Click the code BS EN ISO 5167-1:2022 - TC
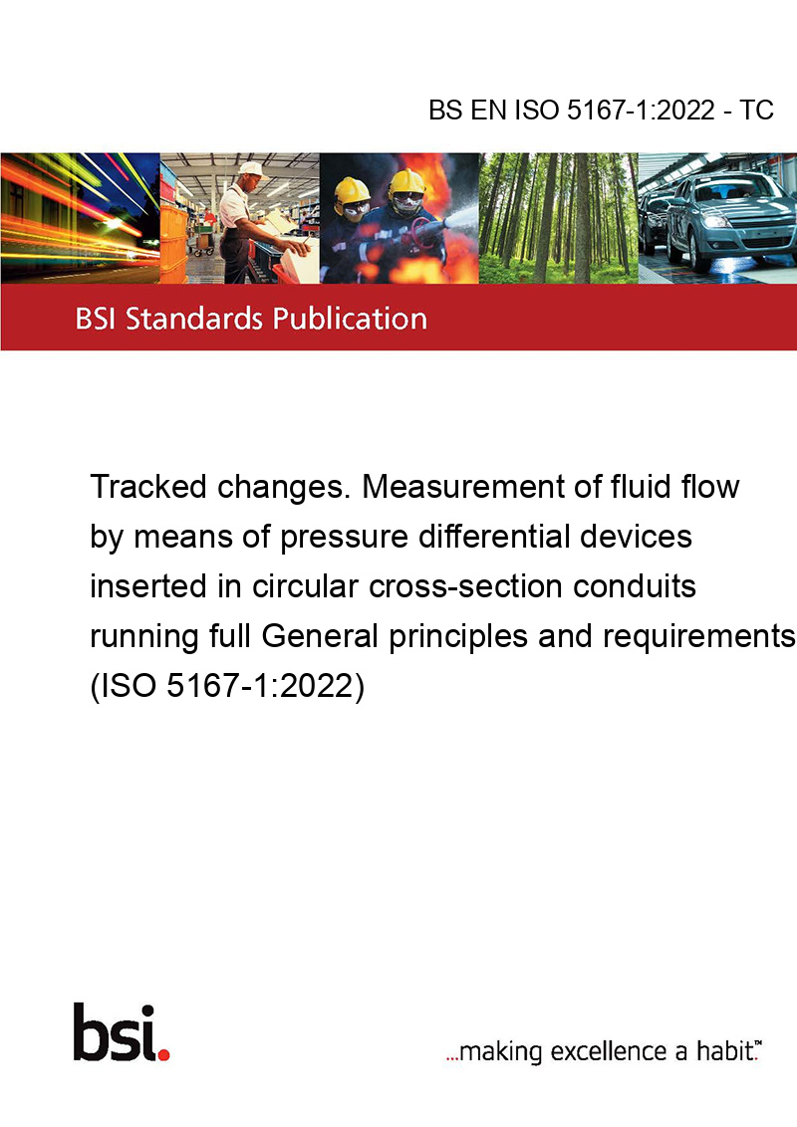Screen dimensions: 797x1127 click(601, 110)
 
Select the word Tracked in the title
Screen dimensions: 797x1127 click(148, 487)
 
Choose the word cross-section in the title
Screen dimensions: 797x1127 click(465, 586)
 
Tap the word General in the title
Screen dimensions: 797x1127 click(320, 636)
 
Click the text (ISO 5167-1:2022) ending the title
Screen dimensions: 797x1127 click(227, 686)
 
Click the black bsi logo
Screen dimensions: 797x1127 click(115, 1032)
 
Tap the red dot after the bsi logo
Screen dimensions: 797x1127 click(164, 1054)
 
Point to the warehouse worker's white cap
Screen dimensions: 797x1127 click(252, 169)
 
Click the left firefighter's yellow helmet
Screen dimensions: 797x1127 click(352, 191)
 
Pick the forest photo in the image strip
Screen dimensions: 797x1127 click(558, 218)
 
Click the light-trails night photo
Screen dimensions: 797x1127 click(80, 218)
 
